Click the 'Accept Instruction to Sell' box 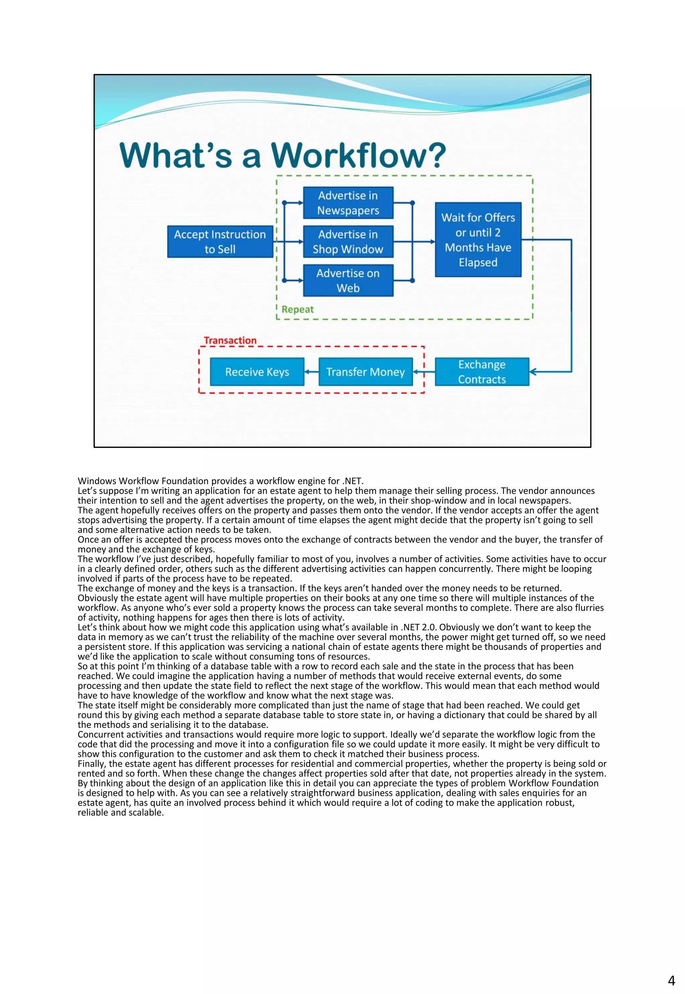point(220,242)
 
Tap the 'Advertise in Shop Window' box point(348,242)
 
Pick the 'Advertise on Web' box point(348,281)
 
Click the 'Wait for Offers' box point(478,240)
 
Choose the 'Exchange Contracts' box point(482,372)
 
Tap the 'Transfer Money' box point(365,372)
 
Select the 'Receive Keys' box point(257,372)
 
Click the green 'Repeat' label point(297,309)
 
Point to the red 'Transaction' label point(230,340)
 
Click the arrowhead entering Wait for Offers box point(432,242)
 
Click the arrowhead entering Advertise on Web point(300,281)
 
